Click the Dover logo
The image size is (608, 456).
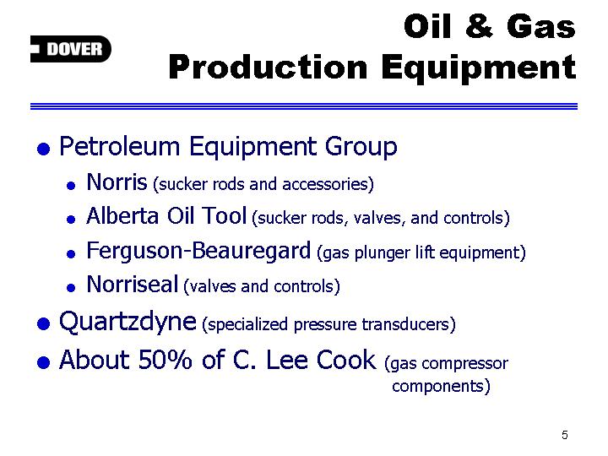71,49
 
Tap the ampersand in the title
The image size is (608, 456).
479,26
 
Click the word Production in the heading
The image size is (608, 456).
268,68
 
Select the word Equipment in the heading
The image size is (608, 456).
479,68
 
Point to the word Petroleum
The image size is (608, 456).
119,146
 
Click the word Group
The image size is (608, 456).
361,148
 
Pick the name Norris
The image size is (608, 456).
117,182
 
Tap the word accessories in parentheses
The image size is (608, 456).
328,184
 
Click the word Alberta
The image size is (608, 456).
122,215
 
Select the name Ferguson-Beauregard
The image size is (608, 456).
198,251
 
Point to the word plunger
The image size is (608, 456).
383,252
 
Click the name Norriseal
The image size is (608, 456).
133,285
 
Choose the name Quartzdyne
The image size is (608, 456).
128,323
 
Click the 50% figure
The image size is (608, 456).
165,360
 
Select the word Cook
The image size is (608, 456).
346,360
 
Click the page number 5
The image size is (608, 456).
565,435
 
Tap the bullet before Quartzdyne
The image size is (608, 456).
43,323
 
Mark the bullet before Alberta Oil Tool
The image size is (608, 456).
71,220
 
